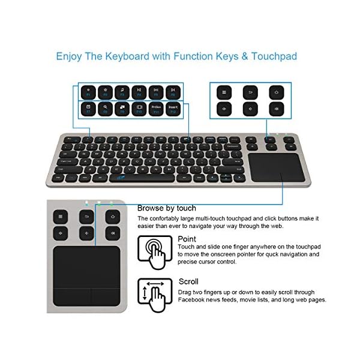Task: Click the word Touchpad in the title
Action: (x=275, y=57)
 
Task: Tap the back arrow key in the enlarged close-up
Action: (x=86, y=216)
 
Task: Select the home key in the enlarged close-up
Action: (x=111, y=216)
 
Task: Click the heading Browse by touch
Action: (x=167, y=208)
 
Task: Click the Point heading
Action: (x=187, y=239)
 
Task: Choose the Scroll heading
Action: (x=188, y=281)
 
